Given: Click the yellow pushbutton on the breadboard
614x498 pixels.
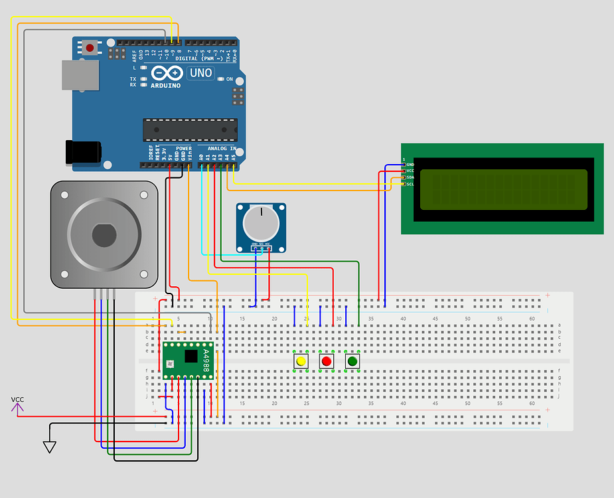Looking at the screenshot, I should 301,361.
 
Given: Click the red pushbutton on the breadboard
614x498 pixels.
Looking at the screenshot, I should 326,361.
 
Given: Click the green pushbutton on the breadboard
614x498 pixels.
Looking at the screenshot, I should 352,361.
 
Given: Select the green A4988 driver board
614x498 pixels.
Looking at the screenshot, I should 189,360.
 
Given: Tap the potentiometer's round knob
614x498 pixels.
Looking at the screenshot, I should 261,223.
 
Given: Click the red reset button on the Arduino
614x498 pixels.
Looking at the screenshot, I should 90,48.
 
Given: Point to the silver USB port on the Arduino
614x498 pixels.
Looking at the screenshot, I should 80,75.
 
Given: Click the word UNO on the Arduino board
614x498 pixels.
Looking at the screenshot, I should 200,73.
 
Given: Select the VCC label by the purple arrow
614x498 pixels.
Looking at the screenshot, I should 17,400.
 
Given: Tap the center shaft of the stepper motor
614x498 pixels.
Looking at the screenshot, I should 104,234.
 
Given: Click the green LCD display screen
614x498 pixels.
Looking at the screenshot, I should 503,187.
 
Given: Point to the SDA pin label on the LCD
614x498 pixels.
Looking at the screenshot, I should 410,177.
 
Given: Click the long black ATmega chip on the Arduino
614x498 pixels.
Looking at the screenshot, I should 190,129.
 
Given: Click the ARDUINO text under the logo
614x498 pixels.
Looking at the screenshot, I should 165,86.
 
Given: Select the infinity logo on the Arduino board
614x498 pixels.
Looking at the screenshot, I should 166,73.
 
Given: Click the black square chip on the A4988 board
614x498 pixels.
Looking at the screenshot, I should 191,356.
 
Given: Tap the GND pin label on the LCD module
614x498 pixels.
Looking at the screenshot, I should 410,164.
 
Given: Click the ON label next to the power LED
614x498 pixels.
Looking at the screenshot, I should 230,79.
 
